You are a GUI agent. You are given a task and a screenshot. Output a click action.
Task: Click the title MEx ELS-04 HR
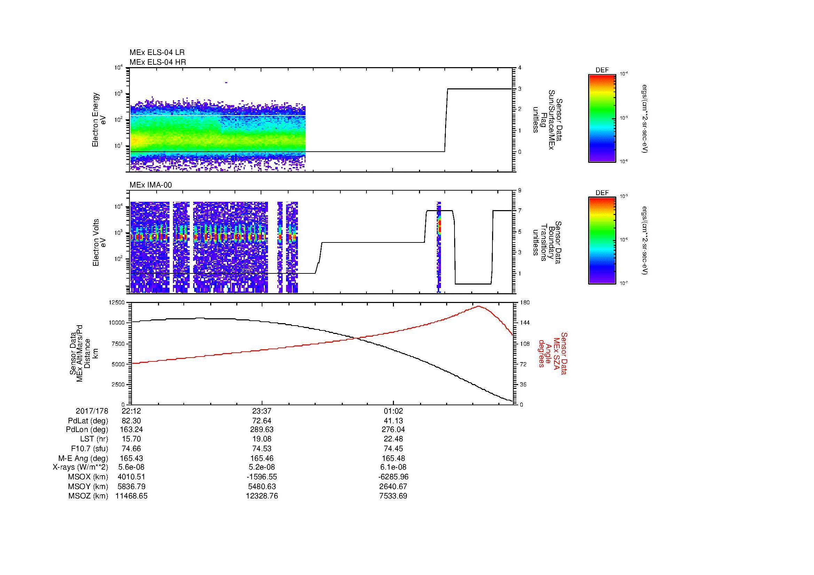[x=158, y=62]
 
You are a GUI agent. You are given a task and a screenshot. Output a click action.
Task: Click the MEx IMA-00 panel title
[x=151, y=185]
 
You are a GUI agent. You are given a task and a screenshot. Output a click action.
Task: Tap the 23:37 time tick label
[x=262, y=411]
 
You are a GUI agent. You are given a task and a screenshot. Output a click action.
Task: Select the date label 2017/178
[x=92, y=411]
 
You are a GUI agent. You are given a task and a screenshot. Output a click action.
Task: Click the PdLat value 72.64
[x=262, y=421]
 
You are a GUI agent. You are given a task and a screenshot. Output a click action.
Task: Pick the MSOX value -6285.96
[x=393, y=477]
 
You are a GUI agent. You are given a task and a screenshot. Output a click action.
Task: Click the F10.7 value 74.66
[x=131, y=448]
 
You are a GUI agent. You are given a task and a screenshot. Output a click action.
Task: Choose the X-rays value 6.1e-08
[x=393, y=467]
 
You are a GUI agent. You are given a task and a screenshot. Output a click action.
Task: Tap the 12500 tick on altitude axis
[x=118, y=303]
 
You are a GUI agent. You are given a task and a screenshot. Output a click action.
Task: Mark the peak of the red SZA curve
[x=478, y=306]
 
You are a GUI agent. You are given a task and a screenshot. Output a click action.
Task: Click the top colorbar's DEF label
[x=602, y=70]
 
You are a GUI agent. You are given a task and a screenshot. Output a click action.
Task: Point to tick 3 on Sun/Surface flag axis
[x=519, y=89]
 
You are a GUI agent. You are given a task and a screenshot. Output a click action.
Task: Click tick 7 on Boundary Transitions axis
[x=519, y=211]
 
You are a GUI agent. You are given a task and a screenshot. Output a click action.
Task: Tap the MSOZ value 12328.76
[x=262, y=496]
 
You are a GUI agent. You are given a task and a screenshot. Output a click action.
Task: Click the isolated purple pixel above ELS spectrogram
[x=226, y=82]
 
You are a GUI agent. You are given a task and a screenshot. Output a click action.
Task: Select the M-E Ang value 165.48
[x=393, y=458]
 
